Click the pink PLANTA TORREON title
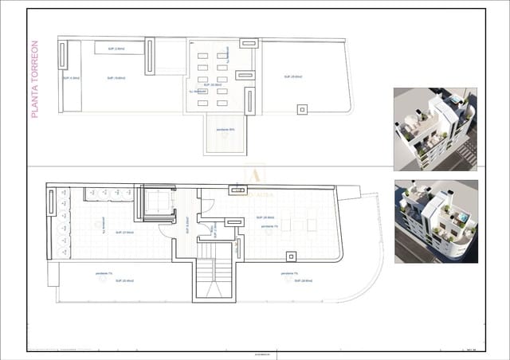pos(34,80)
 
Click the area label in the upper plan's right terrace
pos(292,76)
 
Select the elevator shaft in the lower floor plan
pos(158,202)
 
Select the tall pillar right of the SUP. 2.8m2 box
pos(149,56)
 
